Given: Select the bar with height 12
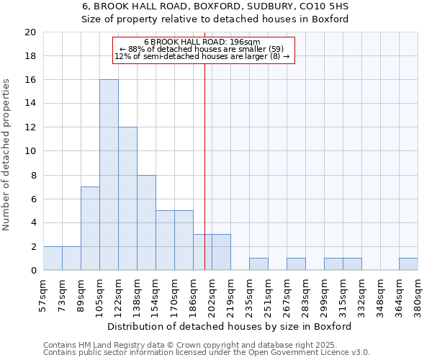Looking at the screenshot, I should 127,199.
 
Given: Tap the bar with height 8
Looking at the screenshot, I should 146,222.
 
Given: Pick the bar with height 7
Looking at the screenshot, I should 90,228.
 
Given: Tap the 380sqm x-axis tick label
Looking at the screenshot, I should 419,294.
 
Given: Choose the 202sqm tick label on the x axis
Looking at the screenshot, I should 213,294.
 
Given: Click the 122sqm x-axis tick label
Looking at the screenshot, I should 120,294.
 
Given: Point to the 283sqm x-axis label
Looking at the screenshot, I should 307,294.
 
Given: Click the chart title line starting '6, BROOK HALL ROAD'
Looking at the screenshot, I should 215,6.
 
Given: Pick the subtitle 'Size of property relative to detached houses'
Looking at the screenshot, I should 215,19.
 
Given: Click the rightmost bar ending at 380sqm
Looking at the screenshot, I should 408,264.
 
